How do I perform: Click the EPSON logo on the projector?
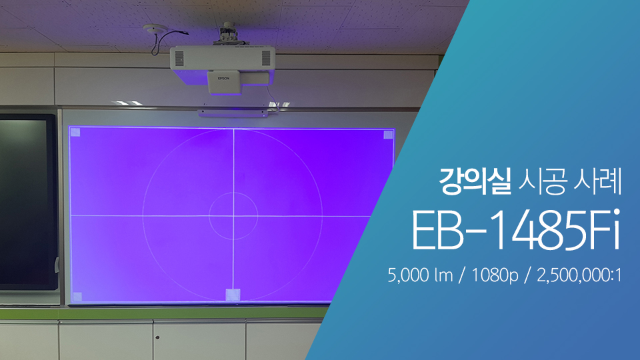click(223, 79)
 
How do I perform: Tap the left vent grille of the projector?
click(179, 59)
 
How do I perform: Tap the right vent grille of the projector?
click(266, 57)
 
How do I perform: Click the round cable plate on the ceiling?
click(155, 28)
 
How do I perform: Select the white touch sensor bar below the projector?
click(232, 113)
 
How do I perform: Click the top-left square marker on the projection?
click(75, 132)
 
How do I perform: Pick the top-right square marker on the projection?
click(388, 135)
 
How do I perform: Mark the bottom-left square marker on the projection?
click(77, 297)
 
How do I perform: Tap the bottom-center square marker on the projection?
click(233, 295)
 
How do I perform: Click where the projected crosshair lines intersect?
click(233, 215)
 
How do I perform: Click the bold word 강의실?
click(475, 181)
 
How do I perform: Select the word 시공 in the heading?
click(543, 181)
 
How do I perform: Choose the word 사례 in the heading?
click(597, 181)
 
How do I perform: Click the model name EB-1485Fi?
click(516, 231)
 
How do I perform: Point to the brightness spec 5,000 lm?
click(421, 275)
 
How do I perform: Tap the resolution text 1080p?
click(495, 276)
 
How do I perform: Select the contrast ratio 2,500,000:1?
click(579, 275)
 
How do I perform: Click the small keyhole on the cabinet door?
click(157, 337)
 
